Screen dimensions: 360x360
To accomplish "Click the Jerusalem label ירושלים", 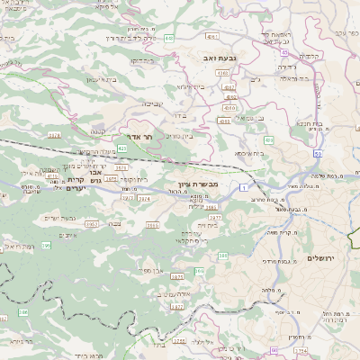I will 320,258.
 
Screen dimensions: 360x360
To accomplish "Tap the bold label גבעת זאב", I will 220,58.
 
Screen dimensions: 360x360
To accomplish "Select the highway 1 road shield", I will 242,186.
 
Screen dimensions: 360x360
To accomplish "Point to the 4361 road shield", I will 212,37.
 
